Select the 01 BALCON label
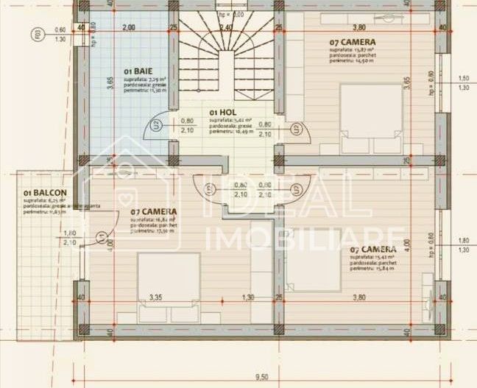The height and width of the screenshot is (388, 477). pyautogui.click(x=40, y=193)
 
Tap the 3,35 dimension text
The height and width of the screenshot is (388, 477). pyautogui.click(x=155, y=298)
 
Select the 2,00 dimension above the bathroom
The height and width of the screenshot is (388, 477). pyautogui.click(x=128, y=28)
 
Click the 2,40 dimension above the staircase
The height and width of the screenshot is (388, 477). pyautogui.click(x=226, y=28)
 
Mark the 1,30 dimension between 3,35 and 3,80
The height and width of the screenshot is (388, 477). pyautogui.click(x=249, y=298)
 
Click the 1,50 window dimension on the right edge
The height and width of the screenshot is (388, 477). pyautogui.click(x=463, y=78)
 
